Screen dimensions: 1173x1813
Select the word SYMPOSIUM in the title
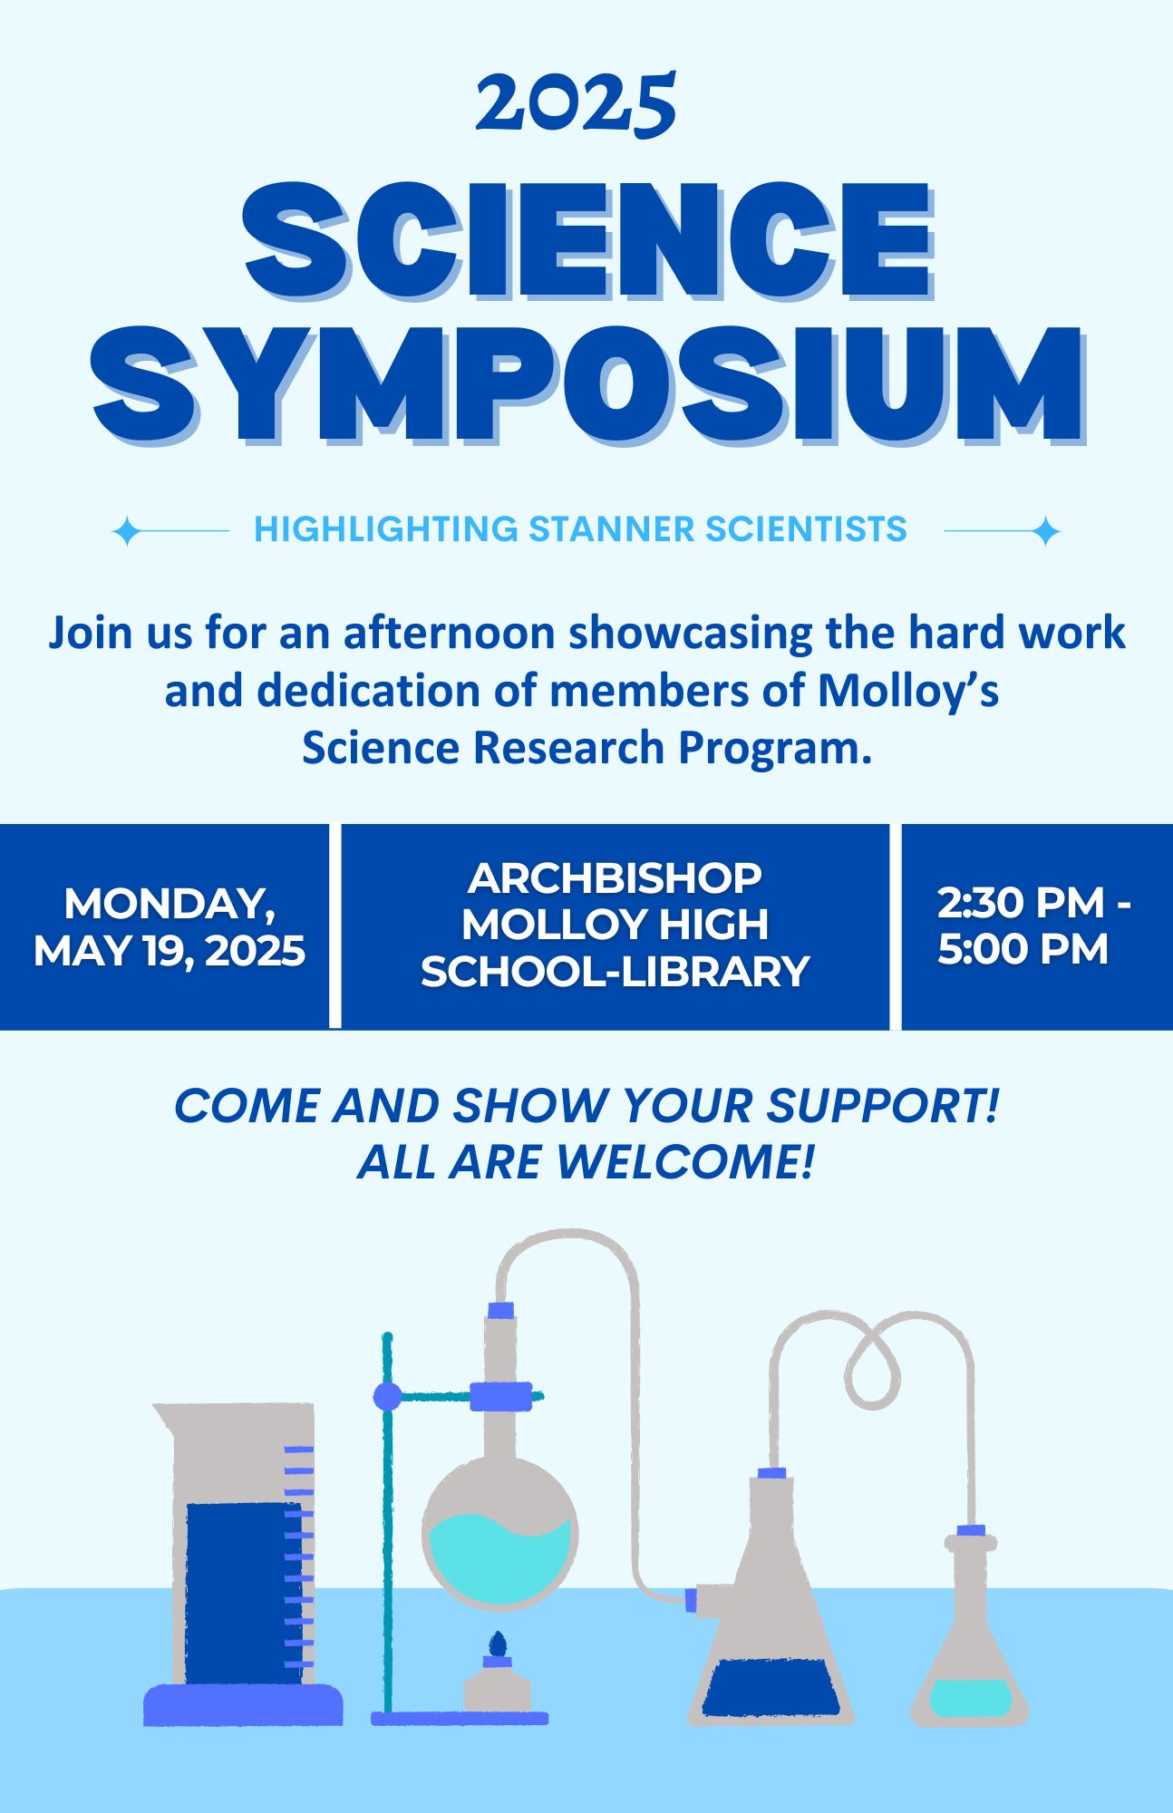point(589,385)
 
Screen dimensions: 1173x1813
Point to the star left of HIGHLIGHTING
point(126,530)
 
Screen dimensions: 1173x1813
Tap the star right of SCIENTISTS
point(1046,530)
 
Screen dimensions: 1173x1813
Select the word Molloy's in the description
point(908,691)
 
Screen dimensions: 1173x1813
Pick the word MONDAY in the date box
point(170,904)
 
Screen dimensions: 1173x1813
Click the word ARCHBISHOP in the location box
point(616,877)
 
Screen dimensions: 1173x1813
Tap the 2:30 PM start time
point(1022,902)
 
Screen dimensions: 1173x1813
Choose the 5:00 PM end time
point(1023,949)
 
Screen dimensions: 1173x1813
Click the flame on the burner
point(497,1643)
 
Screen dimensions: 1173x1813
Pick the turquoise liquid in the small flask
point(970,1697)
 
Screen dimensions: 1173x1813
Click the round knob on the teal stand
point(387,1397)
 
